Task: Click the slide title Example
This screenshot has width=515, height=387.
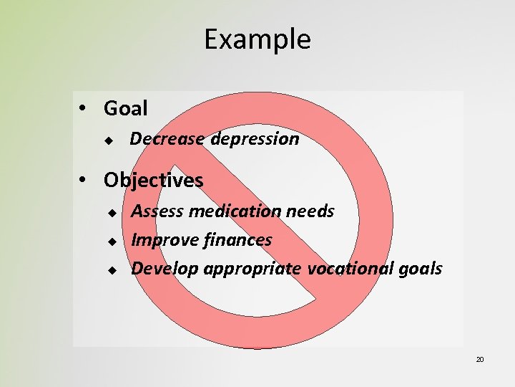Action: click(257, 39)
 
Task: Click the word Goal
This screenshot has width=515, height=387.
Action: click(126, 109)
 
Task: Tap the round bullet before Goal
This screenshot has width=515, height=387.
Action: click(84, 109)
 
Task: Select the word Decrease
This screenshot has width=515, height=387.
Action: click(167, 139)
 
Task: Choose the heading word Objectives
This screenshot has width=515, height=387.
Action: click(153, 181)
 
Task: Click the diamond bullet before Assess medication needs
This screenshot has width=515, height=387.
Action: click(112, 213)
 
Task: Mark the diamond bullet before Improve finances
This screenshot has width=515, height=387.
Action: click(112, 242)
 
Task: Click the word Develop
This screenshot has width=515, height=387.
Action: click(165, 269)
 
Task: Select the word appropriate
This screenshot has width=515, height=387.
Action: click(253, 269)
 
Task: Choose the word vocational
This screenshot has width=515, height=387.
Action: click(347, 269)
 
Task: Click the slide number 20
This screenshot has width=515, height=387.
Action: click(480, 359)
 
